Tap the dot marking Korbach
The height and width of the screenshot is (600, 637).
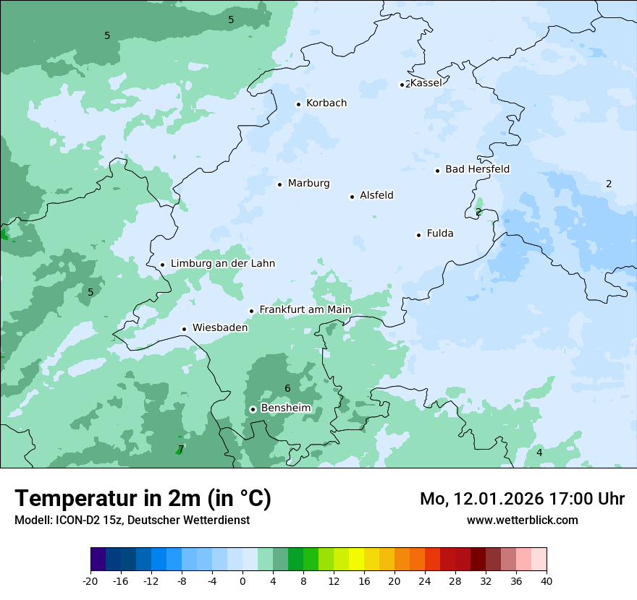click(298, 104)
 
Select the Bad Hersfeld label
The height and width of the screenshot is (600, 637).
click(477, 169)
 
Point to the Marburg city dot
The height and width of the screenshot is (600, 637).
click(279, 184)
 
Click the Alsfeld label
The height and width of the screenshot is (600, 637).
click(376, 195)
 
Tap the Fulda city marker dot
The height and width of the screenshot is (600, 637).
click(418, 235)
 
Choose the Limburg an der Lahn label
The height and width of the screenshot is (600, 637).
click(222, 264)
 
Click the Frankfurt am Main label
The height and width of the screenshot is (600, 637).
click(305, 310)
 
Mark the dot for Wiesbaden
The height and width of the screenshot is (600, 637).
click(185, 329)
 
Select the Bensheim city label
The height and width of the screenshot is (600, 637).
click(285, 408)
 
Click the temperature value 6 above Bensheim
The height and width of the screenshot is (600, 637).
click(287, 389)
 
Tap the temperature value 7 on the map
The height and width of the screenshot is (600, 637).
click(181, 449)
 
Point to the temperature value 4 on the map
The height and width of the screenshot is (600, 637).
click(539, 453)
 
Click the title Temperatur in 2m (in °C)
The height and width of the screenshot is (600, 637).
click(143, 499)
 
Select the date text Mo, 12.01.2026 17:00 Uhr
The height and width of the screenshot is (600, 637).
click(522, 499)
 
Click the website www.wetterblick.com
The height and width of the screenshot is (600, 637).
click(522, 520)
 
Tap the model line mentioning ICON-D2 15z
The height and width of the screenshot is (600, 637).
click(132, 520)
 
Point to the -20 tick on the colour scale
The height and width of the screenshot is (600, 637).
click(90, 581)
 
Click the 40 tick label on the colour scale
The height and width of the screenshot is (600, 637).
click(547, 581)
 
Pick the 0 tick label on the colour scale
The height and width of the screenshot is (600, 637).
click(242, 581)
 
